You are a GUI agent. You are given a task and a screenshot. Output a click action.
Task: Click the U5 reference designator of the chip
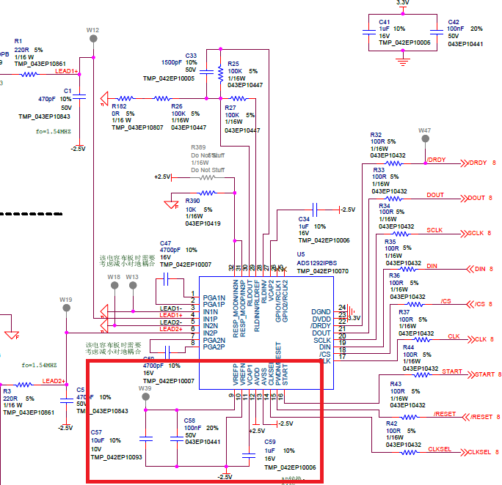301,253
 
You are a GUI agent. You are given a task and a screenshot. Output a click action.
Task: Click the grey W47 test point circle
424,139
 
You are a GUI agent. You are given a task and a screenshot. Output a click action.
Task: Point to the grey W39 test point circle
145,398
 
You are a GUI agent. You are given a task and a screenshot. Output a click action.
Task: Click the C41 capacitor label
384,23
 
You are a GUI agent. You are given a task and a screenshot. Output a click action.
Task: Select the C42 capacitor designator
454,23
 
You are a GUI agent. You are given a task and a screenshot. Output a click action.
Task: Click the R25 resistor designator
233,64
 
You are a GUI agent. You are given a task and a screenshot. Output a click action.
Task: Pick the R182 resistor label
119,106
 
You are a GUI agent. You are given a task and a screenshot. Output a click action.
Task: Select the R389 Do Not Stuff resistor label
198,147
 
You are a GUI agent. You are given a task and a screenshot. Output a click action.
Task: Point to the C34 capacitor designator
304,219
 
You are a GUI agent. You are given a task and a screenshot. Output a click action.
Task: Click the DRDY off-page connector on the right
477,163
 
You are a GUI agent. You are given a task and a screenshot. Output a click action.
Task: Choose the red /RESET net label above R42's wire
445,413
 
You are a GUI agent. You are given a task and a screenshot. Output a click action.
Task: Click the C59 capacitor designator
270,443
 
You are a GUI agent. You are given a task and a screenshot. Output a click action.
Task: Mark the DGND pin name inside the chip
321,311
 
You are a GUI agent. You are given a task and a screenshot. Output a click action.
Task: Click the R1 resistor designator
18,40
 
